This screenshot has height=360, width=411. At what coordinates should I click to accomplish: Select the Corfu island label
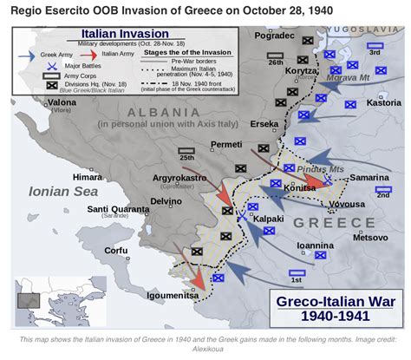pos(115,251)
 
